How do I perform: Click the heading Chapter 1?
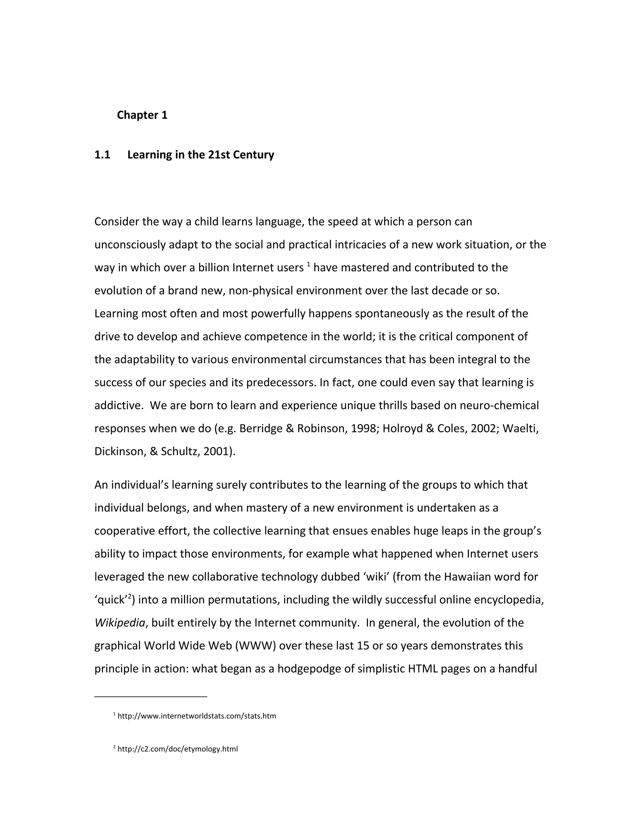click(x=142, y=115)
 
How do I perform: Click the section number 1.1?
click(x=102, y=155)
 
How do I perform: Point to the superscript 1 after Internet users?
click(x=308, y=264)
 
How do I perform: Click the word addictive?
click(x=118, y=405)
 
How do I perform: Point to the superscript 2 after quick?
click(x=130, y=597)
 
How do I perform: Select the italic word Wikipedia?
click(x=120, y=623)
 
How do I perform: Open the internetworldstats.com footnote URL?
click(x=197, y=716)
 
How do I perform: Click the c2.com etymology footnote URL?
click(x=178, y=749)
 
